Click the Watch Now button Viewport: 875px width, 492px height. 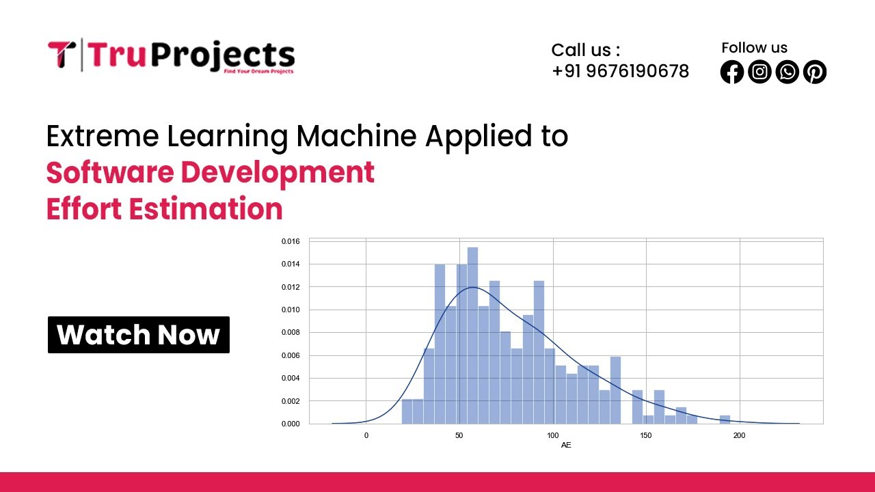click(138, 335)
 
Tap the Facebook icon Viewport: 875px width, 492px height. click(731, 72)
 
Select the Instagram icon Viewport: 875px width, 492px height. click(759, 72)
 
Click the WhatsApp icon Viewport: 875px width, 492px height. click(787, 72)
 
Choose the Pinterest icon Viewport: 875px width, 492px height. click(814, 72)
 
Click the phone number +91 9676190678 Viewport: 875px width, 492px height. click(620, 71)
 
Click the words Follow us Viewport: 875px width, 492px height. click(754, 48)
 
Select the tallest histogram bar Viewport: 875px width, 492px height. click(472, 335)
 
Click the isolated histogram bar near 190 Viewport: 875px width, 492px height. click(725, 419)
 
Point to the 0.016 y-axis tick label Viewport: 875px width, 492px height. click(291, 241)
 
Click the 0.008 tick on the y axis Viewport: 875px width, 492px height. click(291, 333)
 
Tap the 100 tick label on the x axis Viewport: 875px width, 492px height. click(552, 435)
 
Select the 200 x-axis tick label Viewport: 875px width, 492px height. click(739, 435)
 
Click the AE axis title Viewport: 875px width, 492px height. click(566, 446)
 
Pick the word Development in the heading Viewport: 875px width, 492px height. click(277, 173)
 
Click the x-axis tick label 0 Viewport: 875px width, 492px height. click(366, 435)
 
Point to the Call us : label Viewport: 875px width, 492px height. click(585, 50)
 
